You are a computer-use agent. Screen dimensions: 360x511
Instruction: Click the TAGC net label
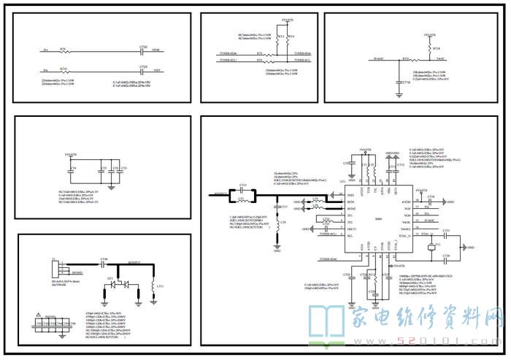click(440, 57)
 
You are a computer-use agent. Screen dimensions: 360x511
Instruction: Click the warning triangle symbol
click(39, 318)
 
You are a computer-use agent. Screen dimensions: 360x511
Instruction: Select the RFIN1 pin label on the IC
click(350, 202)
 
